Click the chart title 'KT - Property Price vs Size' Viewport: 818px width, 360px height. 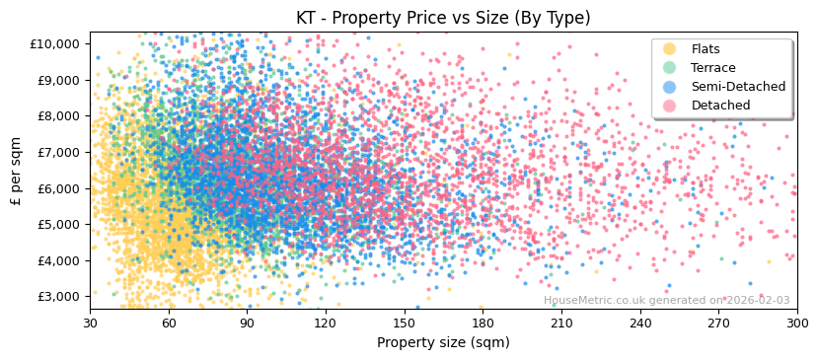pos(443,18)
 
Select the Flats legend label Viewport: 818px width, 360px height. pos(706,49)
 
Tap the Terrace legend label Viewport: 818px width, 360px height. pos(712,68)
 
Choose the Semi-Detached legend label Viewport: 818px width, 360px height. pos(738,87)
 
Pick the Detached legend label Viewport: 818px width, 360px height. pos(719,106)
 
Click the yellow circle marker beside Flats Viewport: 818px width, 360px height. pos(670,49)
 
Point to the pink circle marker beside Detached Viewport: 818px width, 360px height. pos(670,106)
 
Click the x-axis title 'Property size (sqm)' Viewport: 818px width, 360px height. pos(443,343)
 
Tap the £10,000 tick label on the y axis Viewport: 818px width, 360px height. pos(54,44)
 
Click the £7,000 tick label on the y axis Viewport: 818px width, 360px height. pos(57,152)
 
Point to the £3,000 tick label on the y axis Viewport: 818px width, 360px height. pos(57,297)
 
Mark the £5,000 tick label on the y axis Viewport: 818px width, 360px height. pos(57,225)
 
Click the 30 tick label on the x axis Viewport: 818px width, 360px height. pos(90,322)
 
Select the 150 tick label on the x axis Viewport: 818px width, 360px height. pos(404,322)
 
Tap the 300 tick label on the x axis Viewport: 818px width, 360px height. pos(796,322)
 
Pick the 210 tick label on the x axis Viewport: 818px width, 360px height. pos(560,322)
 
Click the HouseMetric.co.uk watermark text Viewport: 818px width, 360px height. pos(666,301)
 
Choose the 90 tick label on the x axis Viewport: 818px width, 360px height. pos(247,322)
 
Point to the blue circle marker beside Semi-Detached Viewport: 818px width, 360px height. pos(670,87)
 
